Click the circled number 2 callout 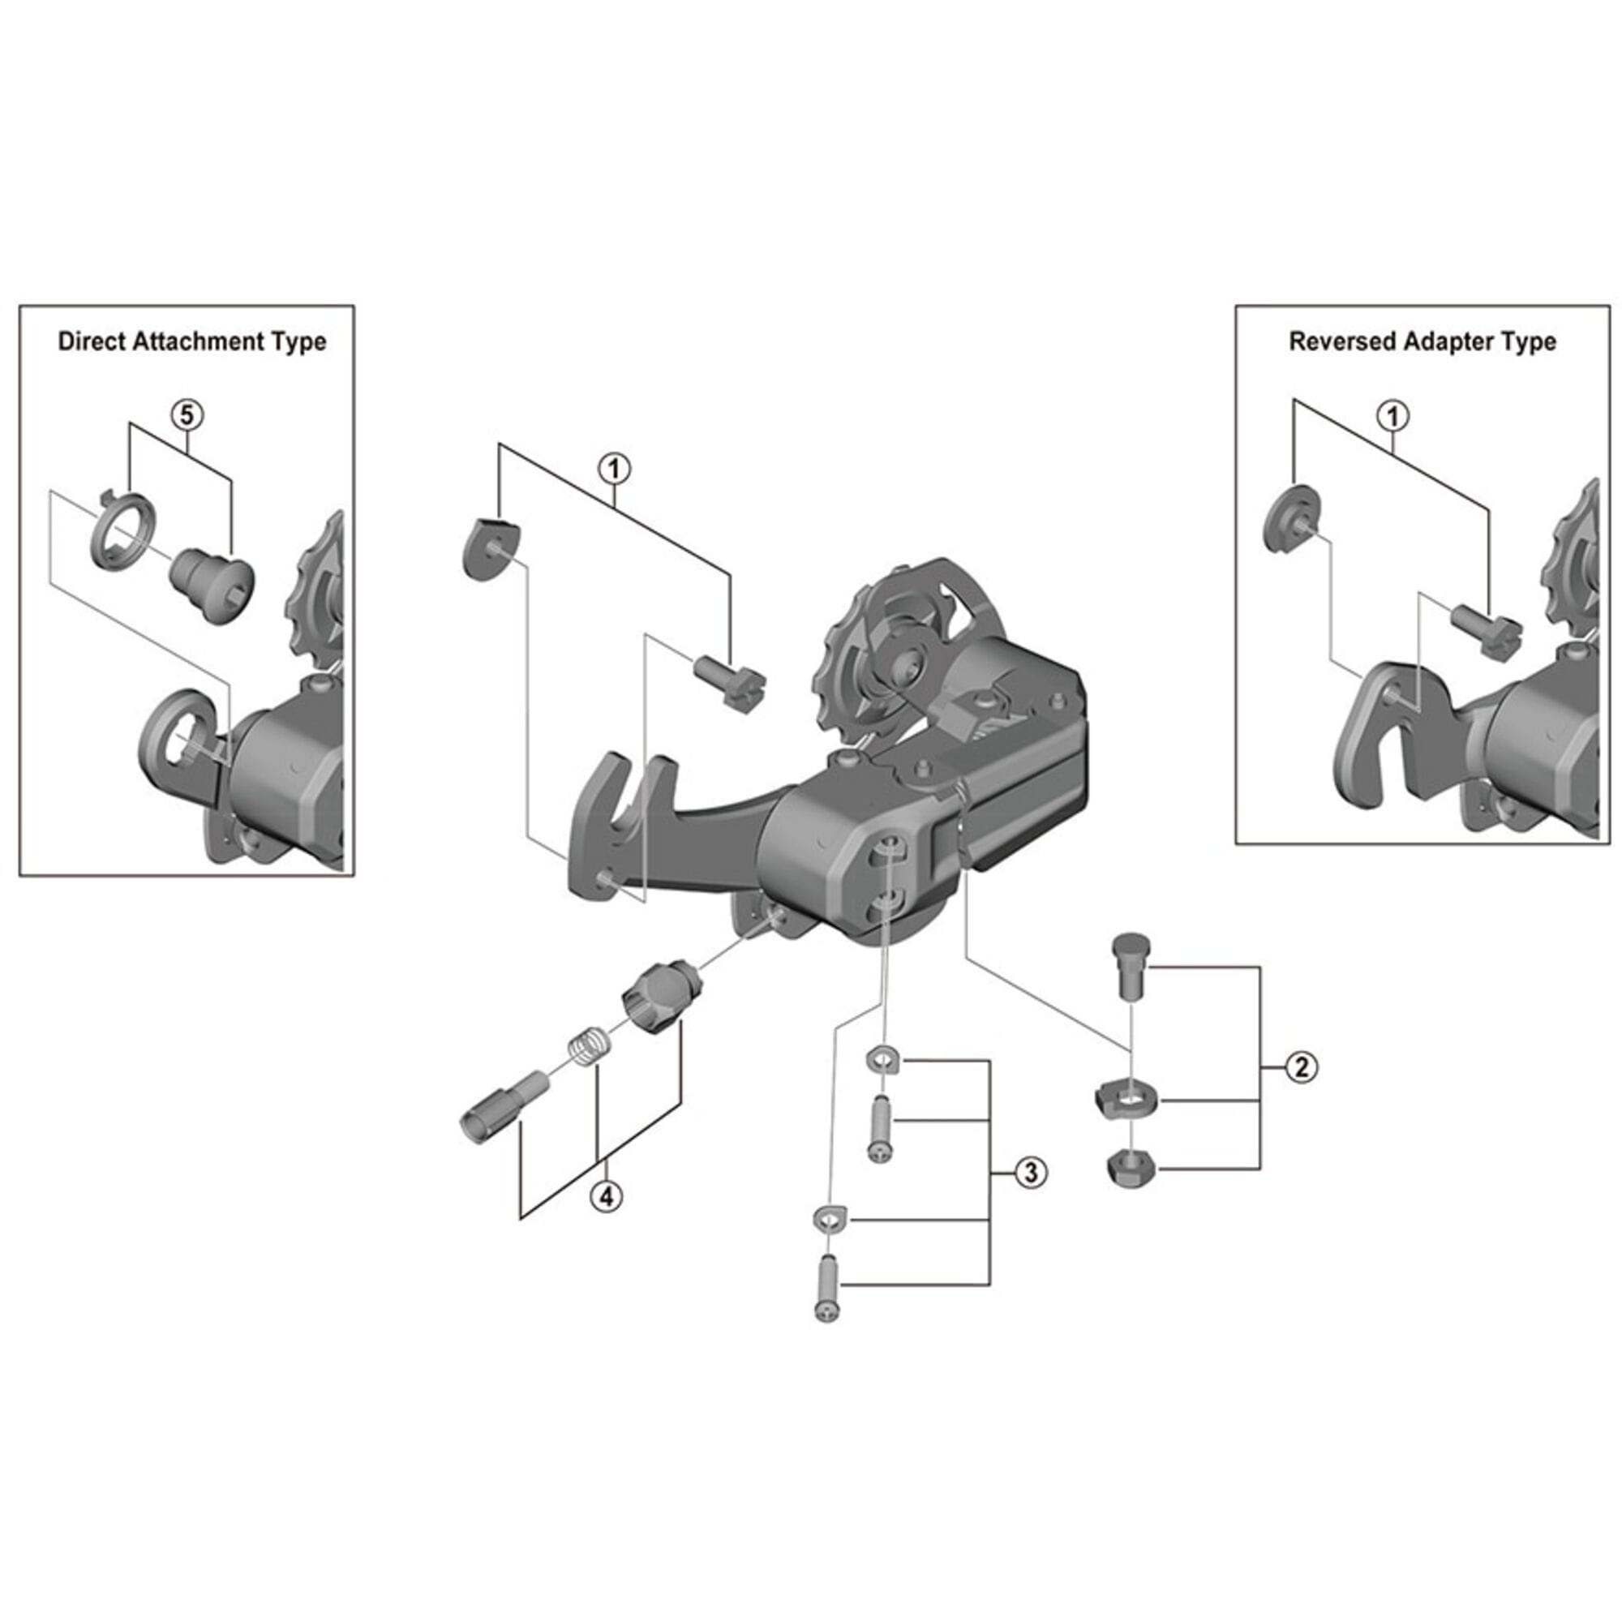[x=1302, y=1067]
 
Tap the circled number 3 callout [x=1031, y=1173]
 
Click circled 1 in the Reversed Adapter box [x=1393, y=415]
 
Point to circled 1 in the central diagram [x=615, y=469]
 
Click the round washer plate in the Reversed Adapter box [x=1291, y=519]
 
